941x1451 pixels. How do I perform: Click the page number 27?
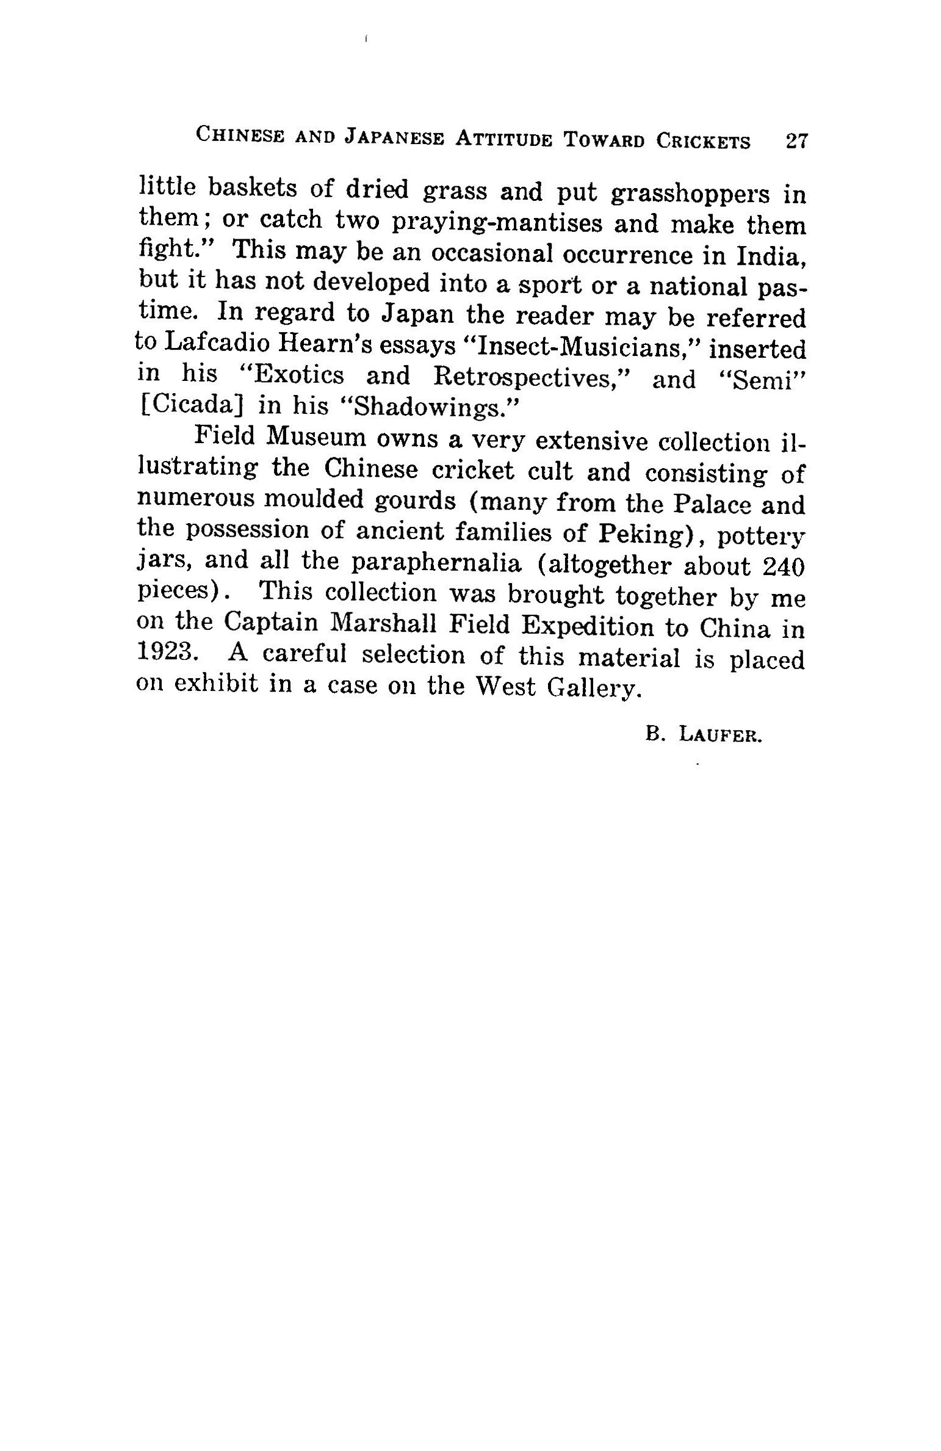tap(796, 142)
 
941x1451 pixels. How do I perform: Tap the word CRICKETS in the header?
tap(703, 142)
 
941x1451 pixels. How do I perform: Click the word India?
tap(771, 256)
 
